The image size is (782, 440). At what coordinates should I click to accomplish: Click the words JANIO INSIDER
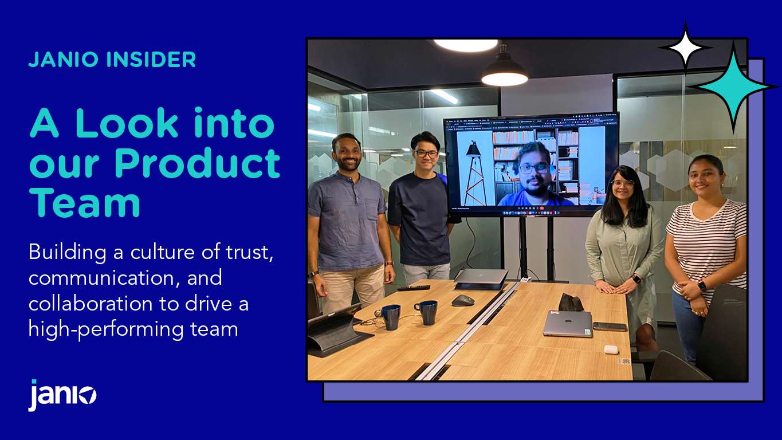[112, 60]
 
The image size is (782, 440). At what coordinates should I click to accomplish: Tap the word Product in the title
[197, 163]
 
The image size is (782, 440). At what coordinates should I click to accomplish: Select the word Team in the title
[85, 203]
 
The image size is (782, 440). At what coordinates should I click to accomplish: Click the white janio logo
[62, 395]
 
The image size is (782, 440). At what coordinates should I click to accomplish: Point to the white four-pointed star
[685, 48]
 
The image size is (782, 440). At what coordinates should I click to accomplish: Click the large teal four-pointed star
[734, 87]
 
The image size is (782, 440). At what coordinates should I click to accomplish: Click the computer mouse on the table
[462, 300]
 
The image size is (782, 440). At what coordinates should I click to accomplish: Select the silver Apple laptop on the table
[568, 324]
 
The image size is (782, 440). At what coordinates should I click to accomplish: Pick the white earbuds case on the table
[611, 349]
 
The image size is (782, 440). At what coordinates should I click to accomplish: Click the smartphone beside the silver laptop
[610, 327]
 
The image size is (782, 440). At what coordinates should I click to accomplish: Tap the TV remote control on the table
[414, 288]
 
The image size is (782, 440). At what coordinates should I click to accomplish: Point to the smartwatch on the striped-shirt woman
[702, 285]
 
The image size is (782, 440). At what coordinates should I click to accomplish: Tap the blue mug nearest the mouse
[426, 312]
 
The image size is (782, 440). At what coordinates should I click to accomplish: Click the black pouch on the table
[571, 302]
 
